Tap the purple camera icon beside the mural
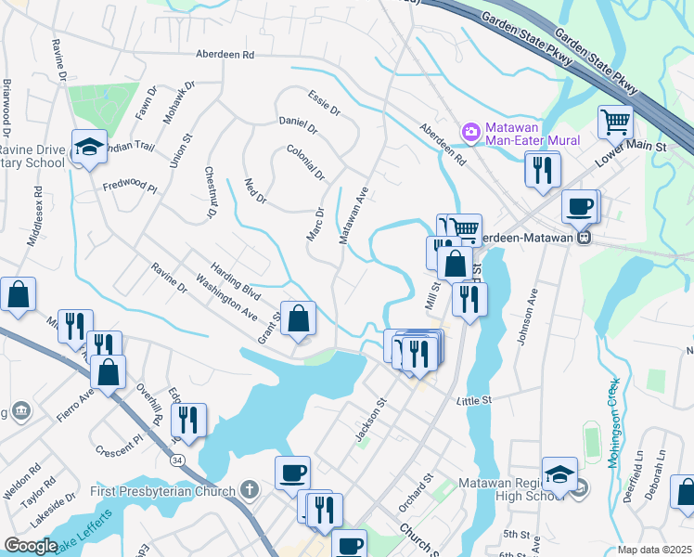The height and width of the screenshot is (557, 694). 471,132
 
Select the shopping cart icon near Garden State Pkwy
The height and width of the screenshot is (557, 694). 615,122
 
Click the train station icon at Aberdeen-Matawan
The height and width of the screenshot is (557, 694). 585,236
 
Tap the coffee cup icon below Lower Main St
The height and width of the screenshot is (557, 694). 581,207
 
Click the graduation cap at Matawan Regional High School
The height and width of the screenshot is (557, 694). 560,474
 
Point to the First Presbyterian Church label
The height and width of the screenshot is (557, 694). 163,488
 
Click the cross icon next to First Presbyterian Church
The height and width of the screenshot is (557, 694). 249,488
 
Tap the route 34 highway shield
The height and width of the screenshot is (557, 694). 176,460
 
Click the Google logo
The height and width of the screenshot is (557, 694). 32,546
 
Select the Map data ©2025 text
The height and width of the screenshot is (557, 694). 654,550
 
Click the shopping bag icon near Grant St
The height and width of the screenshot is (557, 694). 298,319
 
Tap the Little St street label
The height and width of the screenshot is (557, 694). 472,400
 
